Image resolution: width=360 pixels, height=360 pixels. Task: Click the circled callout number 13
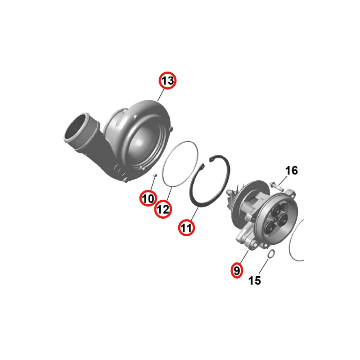(167, 81)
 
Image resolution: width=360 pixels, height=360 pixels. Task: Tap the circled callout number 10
(148, 198)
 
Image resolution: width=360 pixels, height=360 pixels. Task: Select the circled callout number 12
(163, 209)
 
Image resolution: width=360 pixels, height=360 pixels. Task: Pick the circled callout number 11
(186, 228)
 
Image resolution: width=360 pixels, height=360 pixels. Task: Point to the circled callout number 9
(237, 270)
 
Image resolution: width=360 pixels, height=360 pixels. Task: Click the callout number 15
(255, 280)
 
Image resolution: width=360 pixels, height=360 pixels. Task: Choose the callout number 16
(291, 171)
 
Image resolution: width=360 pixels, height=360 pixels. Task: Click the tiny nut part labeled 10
(155, 175)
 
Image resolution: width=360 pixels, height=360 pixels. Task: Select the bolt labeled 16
(277, 186)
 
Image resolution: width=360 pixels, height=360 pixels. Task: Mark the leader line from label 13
(161, 95)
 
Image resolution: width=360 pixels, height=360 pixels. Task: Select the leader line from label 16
(283, 180)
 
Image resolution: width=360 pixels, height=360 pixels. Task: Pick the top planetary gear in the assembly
(276, 209)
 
